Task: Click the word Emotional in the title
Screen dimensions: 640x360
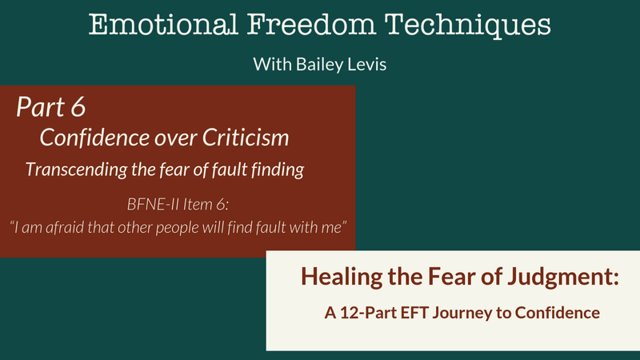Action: click(163, 25)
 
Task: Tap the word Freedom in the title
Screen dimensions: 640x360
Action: click(311, 25)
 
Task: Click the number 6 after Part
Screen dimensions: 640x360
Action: click(78, 107)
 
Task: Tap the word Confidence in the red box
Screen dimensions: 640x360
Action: click(94, 137)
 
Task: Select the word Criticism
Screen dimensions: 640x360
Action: click(246, 137)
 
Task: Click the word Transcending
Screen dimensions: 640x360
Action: click(76, 170)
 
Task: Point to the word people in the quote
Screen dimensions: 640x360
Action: click(177, 228)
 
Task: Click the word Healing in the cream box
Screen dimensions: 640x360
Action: click(342, 277)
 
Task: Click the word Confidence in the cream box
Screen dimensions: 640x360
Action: click(558, 313)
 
